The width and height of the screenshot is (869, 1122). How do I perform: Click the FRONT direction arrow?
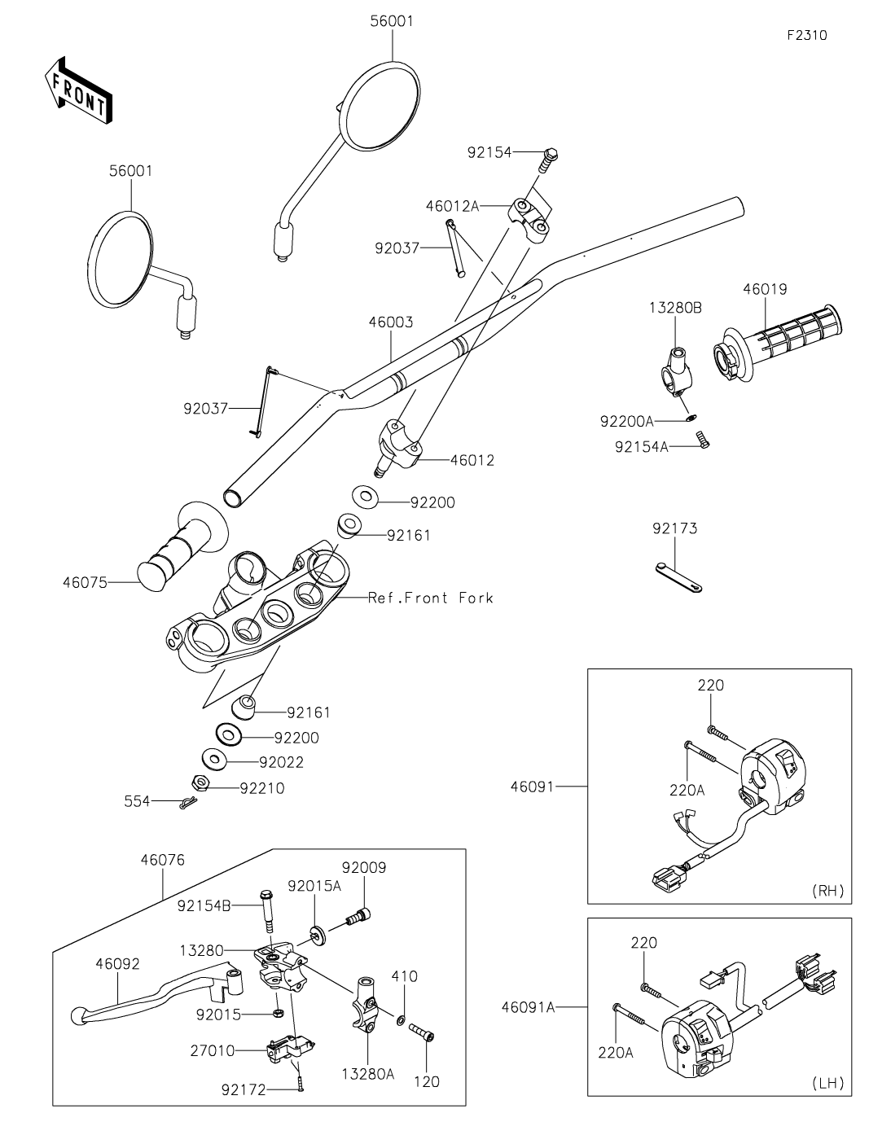(x=78, y=91)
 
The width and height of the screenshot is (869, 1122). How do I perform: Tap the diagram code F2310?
(x=806, y=36)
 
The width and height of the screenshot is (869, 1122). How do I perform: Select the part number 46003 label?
(x=390, y=322)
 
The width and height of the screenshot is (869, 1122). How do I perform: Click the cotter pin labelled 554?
(x=188, y=803)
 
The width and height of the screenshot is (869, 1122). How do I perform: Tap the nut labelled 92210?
(x=200, y=783)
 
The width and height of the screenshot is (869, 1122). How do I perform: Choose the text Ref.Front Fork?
(x=430, y=598)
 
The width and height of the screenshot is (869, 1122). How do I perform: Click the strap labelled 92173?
(x=678, y=575)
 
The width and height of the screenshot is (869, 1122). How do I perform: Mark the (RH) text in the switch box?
(x=828, y=891)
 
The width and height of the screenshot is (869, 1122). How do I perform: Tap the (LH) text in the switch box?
(x=828, y=1083)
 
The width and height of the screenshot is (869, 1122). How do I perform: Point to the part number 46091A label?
(x=529, y=1007)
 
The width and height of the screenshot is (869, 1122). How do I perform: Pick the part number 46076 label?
(x=162, y=860)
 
